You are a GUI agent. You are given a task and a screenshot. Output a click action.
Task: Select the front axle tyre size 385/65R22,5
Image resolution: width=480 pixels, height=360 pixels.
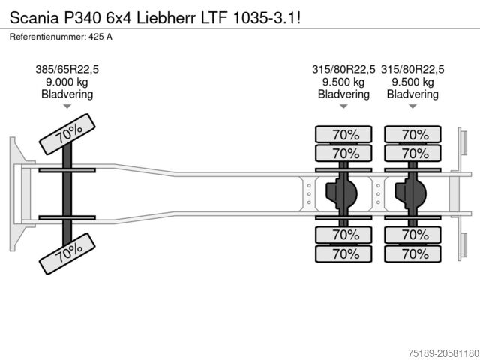[x=67, y=70]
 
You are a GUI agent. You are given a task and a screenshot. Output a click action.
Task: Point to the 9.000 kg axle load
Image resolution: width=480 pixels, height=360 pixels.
[x=67, y=82]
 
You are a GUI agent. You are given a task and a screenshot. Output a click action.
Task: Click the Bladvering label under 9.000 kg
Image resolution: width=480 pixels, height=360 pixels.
[x=67, y=94]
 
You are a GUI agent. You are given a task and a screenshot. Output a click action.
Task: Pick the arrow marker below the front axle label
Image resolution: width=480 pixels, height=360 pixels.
[x=67, y=107]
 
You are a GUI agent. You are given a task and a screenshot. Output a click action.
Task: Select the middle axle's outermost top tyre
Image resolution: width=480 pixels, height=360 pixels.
[x=344, y=135]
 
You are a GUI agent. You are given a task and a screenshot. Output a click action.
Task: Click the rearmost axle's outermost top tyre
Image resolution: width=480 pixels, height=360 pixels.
[x=413, y=135]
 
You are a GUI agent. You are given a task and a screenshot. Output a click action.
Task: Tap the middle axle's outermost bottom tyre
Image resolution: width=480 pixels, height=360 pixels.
[x=344, y=253]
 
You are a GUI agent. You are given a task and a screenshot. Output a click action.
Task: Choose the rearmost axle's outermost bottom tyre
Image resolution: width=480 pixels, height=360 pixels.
[x=413, y=253]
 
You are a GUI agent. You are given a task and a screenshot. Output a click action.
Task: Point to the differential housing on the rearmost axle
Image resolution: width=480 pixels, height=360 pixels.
[x=412, y=194]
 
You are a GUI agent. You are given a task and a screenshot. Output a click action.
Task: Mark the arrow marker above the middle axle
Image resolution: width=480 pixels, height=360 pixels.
[x=344, y=107]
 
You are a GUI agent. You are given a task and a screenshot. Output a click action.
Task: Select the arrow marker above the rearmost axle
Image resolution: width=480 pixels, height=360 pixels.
[x=413, y=107]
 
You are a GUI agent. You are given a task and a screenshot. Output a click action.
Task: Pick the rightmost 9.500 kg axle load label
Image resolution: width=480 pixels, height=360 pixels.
[x=413, y=82]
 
